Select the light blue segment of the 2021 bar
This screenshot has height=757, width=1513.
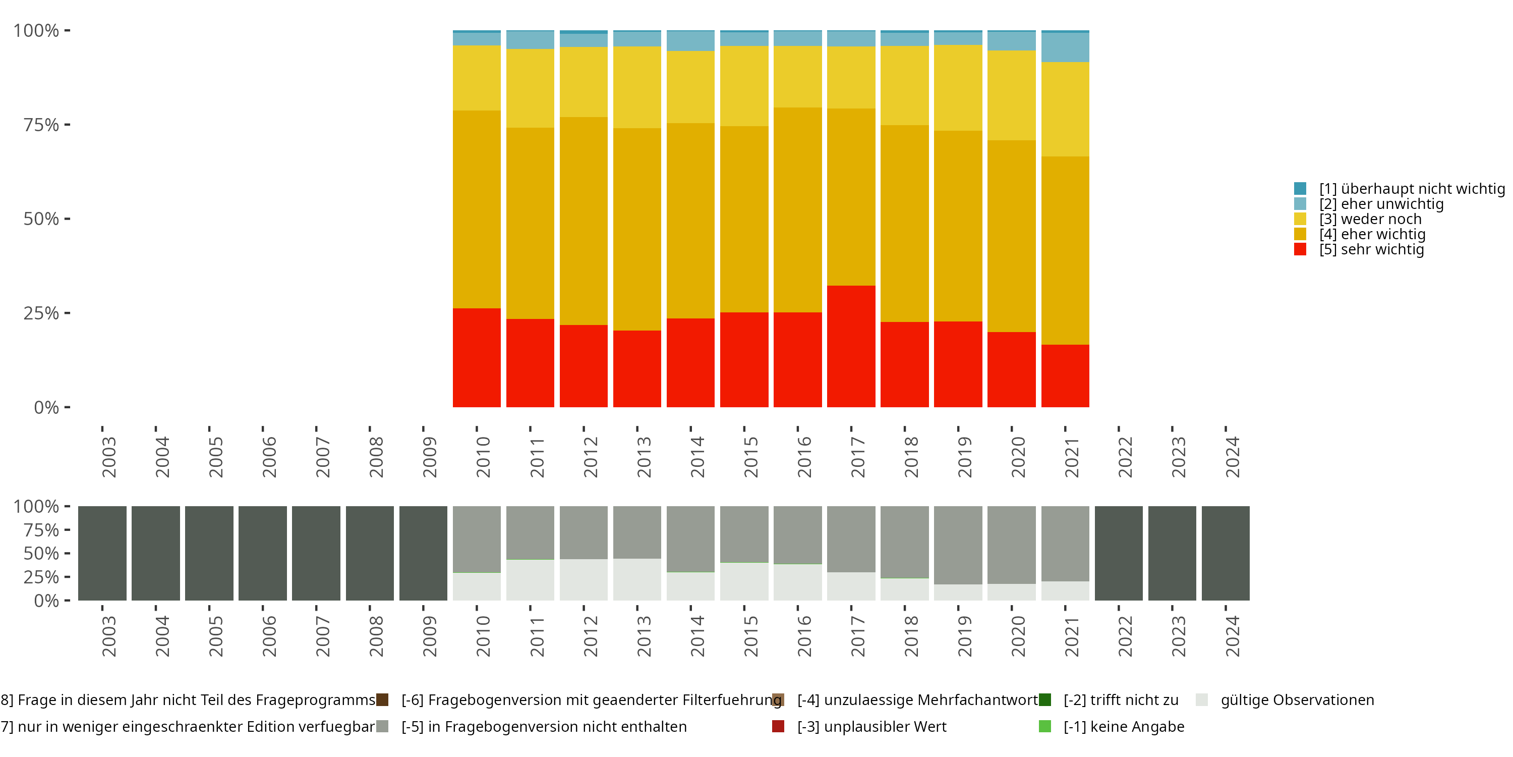[1065, 47]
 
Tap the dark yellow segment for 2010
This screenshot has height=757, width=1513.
[476, 209]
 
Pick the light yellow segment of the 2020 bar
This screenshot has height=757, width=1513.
[1011, 95]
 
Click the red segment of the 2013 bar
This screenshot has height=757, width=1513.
[636, 368]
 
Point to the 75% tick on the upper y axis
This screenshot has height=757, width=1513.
[67, 125]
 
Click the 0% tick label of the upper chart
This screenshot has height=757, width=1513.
[46, 407]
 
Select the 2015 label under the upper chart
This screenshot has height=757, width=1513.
[750, 457]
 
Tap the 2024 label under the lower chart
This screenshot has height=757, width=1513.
[1232, 636]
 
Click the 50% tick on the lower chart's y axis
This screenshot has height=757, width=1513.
[67, 553]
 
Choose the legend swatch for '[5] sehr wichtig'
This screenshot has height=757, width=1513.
[1300, 249]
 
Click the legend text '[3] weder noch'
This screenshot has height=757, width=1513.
[1370, 219]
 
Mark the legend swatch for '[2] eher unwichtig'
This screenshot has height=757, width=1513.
[1300, 204]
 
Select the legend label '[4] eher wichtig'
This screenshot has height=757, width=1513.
[1372, 235]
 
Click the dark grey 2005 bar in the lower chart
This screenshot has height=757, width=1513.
[209, 553]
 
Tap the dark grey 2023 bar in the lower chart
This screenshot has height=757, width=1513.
[1172, 553]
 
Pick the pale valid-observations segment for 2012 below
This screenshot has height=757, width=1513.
[583, 579]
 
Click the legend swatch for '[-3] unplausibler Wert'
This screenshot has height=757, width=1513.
[778, 726]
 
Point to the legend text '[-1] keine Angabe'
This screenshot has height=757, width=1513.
[1124, 726]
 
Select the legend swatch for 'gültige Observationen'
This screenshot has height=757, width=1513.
[1202, 700]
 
